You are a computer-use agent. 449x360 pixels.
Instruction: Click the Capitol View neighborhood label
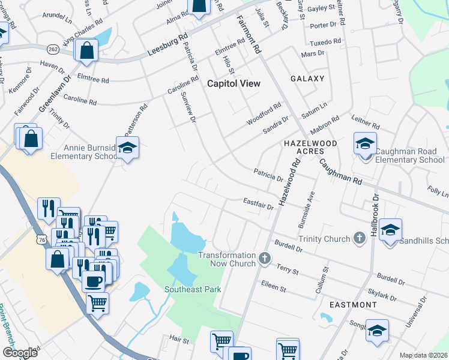[x=234, y=83]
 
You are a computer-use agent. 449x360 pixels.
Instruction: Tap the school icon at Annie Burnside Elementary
[x=127, y=146]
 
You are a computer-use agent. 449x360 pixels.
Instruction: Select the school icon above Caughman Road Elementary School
[x=364, y=143]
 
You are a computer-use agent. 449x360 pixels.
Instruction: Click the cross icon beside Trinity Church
[x=359, y=238]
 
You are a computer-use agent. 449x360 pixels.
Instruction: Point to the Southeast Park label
[x=193, y=289]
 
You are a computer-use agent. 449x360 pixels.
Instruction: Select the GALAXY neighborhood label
[x=307, y=79]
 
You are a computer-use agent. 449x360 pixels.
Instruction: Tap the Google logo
[x=20, y=353]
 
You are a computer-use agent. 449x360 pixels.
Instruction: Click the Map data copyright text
[x=423, y=355]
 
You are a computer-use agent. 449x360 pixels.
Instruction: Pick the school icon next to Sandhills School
[x=390, y=230]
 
